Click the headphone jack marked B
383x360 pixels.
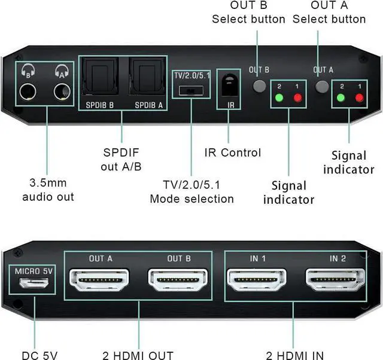27,92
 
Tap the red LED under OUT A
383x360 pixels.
359,97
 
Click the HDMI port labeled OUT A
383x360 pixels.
101,280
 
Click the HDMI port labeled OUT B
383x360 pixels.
179,280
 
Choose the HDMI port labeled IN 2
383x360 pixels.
336,280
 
